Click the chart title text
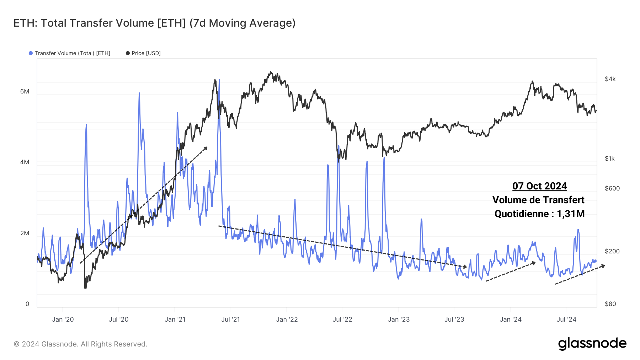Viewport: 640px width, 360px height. tap(154, 23)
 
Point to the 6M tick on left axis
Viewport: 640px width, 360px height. tap(25, 91)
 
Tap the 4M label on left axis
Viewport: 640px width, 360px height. tap(25, 162)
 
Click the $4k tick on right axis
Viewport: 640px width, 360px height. tap(610, 79)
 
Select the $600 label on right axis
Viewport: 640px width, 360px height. tap(612, 188)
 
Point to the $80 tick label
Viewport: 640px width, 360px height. tap(610, 304)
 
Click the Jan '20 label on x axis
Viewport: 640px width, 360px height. tap(63, 319)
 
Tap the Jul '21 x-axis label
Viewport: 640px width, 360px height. tap(230, 319)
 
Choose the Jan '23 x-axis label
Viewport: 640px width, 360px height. tap(399, 319)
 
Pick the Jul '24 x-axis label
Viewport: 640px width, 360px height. tap(566, 319)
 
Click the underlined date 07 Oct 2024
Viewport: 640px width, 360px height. tap(539, 186)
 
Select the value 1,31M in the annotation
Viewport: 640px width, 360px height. tap(571, 214)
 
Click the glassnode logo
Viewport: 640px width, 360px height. tap(592, 344)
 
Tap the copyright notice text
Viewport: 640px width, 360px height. tap(80, 344)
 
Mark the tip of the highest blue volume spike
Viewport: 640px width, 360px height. tap(219, 80)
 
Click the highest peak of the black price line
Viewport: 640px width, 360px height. tap(271, 71)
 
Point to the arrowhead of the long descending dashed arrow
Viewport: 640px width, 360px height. tap(465, 267)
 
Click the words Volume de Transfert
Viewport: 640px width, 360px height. tap(538, 200)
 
